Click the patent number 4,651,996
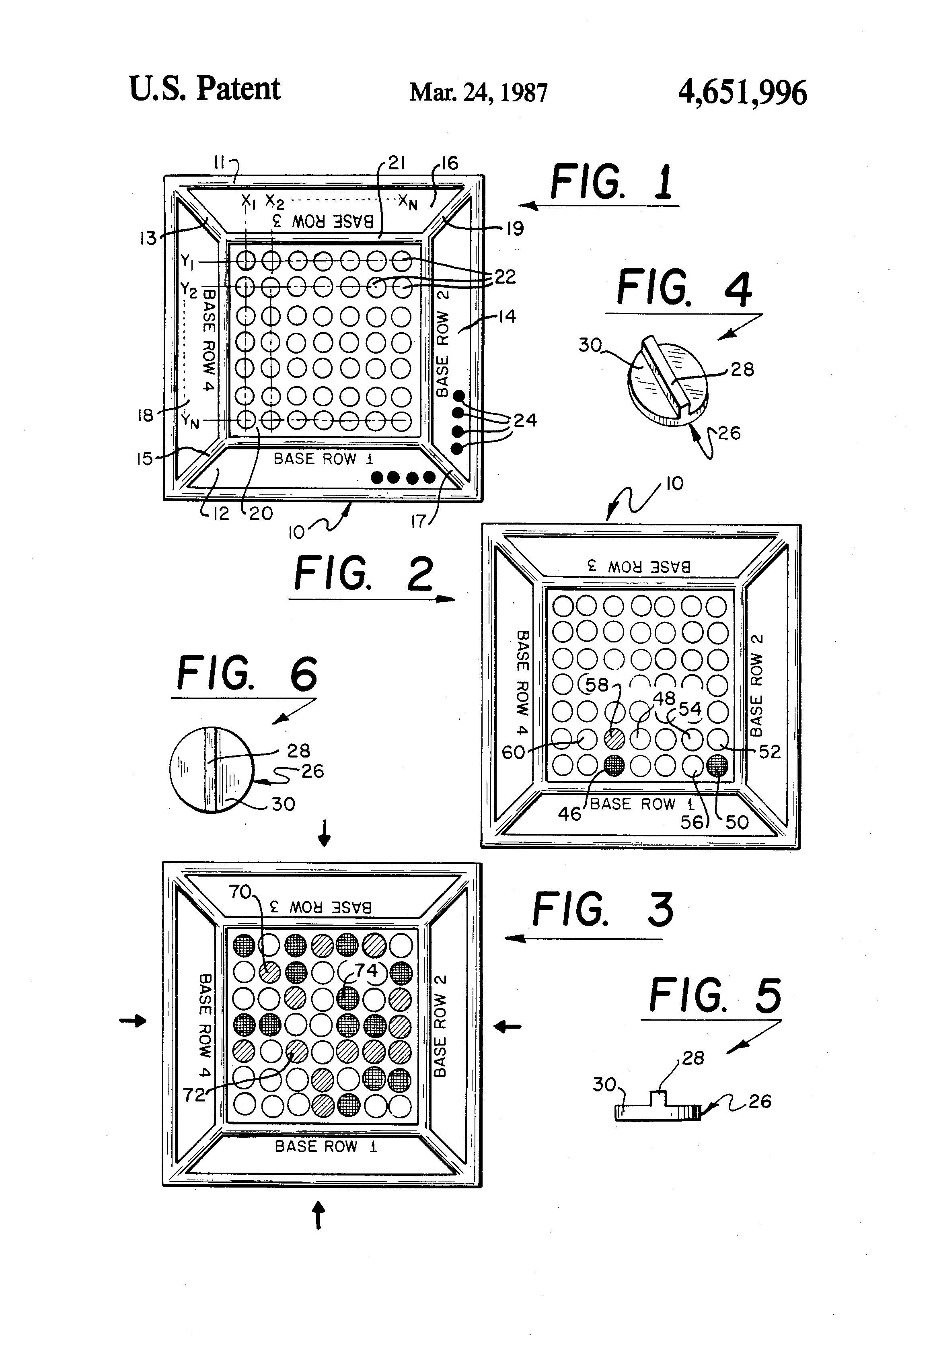[742, 93]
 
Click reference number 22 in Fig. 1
[505, 277]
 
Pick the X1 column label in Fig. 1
[248, 202]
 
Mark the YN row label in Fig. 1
[190, 421]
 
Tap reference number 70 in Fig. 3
[240, 891]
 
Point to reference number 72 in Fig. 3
[194, 1095]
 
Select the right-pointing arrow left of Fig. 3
[133, 1021]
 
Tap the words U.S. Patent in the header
[204, 89]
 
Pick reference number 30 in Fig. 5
[604, 1084]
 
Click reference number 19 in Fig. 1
[514, 228]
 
